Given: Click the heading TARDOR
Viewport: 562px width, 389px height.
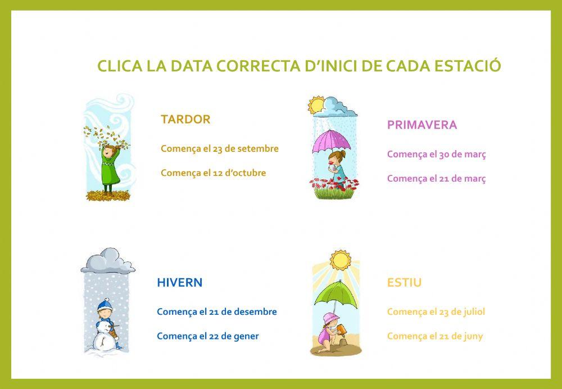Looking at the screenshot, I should coord(185,119).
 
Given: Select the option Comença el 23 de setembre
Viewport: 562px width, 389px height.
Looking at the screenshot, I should coord(220,149).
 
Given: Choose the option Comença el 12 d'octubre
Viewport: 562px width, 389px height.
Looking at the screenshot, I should coord(214,173).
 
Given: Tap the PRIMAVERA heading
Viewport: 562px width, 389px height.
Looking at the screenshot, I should coord(422,125).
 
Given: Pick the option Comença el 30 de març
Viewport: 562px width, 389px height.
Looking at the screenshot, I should coord(437,154).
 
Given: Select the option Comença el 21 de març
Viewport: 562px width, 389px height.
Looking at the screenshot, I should coord(437,179).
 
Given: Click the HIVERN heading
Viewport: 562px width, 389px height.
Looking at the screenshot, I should coord(180,282).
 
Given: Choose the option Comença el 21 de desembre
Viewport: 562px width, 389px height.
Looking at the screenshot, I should coord(217,311).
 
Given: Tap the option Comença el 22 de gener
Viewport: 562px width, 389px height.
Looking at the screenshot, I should coord(208,336).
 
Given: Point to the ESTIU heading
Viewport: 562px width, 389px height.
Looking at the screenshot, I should coord(404,282).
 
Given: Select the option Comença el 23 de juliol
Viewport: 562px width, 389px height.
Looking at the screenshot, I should coord(436,311).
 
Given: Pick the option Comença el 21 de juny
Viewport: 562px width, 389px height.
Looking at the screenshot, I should coord(435,336).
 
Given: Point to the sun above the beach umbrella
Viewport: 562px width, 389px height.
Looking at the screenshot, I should coord(339,259).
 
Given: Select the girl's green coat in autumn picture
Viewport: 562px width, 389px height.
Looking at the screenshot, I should coord(109,172).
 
